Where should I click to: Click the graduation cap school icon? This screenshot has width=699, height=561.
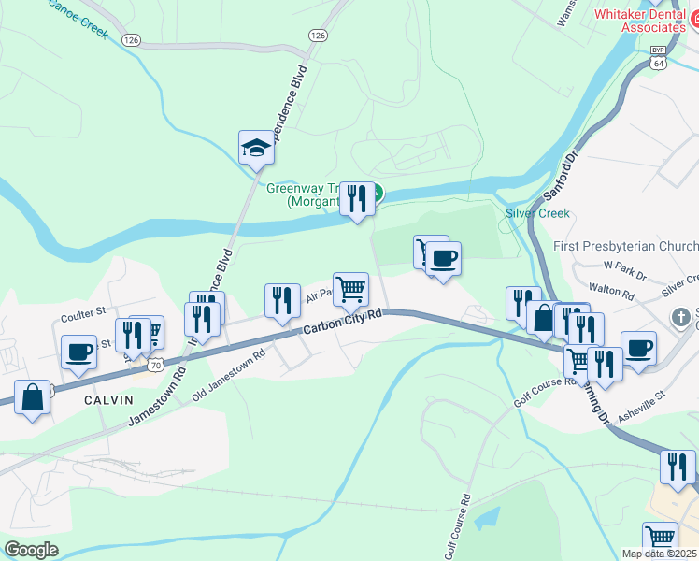click(x=256, y=148)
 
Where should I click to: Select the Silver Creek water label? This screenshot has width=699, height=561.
click(x=537, y=213)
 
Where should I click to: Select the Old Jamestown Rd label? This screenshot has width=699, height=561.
click(x=229, y=372)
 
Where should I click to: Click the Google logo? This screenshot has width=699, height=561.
click(x=31, y=550)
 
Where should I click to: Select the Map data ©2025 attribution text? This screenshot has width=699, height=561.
click(x=659, y=554)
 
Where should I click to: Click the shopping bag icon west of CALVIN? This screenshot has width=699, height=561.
click(x=33, y=397)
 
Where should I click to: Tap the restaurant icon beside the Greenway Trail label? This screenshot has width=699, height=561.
click(x=356, y=199)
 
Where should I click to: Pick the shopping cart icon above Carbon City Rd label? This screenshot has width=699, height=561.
click(x=350, y=290)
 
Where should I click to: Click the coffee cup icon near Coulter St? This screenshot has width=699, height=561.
click(x=79, y=352)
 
